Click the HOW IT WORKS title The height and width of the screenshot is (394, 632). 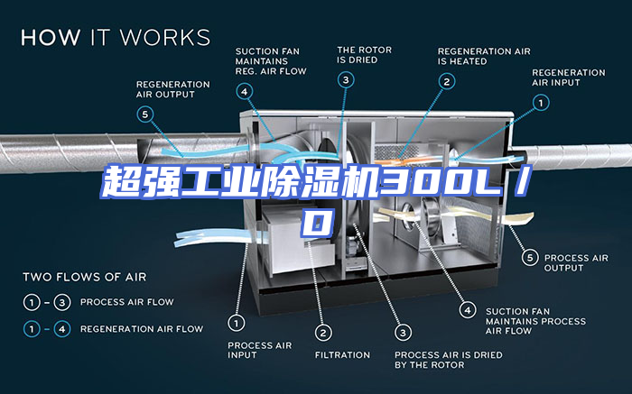[116, 38]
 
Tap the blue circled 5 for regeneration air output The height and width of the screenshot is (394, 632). [145, 115]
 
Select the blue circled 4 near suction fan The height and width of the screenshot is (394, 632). [245, 91]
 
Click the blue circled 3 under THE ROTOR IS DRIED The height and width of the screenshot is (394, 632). [346, 79]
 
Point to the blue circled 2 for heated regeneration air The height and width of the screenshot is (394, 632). [447, 82]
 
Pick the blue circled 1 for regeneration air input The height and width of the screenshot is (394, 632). [541, 103]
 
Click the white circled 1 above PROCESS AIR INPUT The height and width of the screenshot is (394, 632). [237, 323]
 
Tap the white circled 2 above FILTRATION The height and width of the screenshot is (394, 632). [323, 333]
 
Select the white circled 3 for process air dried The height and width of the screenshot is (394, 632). [403, 333]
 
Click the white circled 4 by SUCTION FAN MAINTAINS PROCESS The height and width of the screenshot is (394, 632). [468, 310]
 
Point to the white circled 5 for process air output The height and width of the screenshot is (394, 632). [530, 257]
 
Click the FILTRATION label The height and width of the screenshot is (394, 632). [342, 355]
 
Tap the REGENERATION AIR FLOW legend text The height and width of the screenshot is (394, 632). [142, 329]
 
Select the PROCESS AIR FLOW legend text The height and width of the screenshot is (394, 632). [127, 302]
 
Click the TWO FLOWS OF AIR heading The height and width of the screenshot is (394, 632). [85, 277]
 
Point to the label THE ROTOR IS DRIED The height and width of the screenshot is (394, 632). [365, 55]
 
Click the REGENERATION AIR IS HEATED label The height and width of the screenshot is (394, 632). [484, 56]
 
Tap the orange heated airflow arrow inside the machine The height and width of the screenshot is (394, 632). [403, 160]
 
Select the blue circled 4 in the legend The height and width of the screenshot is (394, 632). [62, 329]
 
